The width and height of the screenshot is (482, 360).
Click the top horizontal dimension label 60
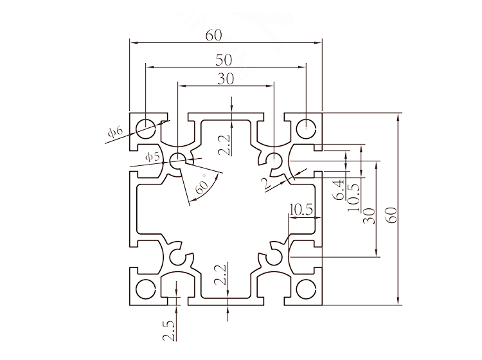pyautogui.click(x=214, y=36)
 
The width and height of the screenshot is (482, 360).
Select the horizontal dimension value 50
pyautogui.click(x=224, y=60)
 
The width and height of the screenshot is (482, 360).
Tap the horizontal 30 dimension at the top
pyautogui.click(x=225, y=78)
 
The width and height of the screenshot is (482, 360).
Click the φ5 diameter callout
pyautogui.click(x=152, y=156)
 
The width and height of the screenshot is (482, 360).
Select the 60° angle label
pyautogui.click(x=202, y=187)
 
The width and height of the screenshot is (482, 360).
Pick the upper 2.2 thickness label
pyautogui.click(x=222, y=147)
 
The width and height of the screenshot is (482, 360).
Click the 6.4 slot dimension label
pyautogui.click(x=338, y=192)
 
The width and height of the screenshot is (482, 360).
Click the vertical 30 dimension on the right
pyautogui.click(x=369, y=215)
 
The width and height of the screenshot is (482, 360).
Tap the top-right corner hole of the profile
pyautogui.click(x=306, y=126)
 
